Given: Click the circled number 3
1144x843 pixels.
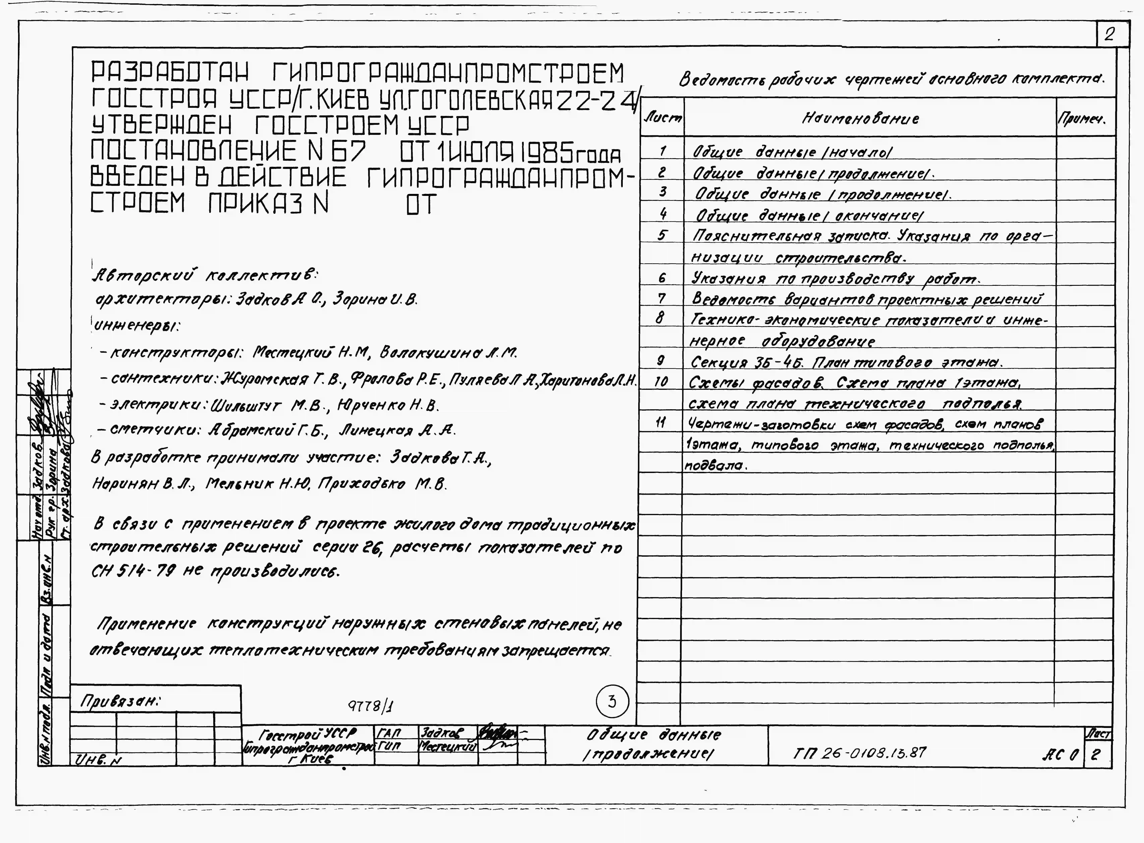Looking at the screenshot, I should tap(612, 702).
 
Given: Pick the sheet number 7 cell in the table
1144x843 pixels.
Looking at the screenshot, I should tap(662, 298).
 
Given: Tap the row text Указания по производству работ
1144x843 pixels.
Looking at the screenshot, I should tap(835, 279).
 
